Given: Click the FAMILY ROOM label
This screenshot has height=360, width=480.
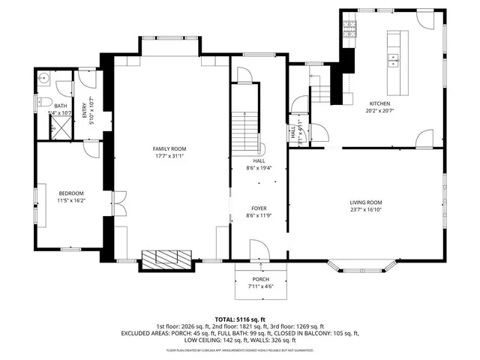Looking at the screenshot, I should [x=169, y=149].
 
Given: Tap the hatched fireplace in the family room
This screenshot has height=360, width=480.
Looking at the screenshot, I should [x=168, y=259].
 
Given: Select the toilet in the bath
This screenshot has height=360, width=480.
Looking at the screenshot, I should [x=43, y=101].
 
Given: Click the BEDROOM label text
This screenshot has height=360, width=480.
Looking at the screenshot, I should [x=72, y=193].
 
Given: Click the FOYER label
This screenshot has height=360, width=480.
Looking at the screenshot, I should [x=259, y=208].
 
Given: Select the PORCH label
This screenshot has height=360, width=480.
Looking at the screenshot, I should [x=261, y=279].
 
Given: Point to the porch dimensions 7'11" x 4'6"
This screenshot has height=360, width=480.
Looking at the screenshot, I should [x=261, y=286].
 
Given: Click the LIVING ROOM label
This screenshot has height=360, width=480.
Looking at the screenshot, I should [x=366, y=202].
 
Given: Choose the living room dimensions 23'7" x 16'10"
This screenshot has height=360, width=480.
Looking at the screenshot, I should [x=366, y=211].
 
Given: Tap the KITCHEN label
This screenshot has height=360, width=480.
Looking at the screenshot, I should [x=379, y=103].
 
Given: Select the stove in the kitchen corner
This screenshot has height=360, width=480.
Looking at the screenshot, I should [x=349, y=28].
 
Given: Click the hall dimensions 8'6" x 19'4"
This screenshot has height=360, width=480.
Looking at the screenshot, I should [x=259, y=168].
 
